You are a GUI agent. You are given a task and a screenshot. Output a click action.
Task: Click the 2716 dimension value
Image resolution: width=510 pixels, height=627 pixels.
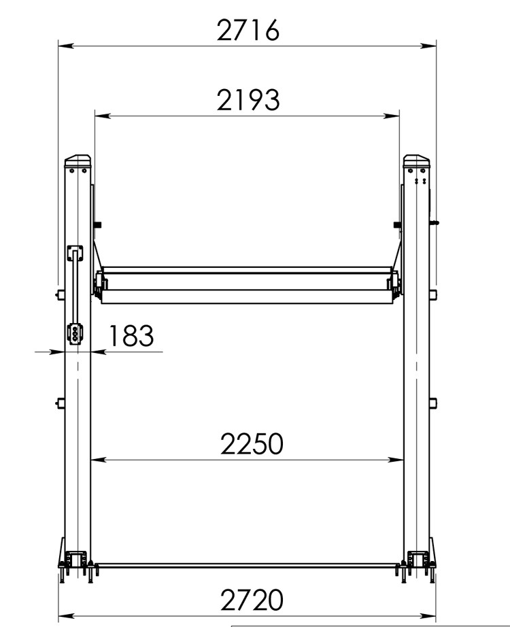click(x=248, y=30)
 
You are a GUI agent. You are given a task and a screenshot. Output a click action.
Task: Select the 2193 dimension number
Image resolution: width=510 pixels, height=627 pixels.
click(x=248, y=100)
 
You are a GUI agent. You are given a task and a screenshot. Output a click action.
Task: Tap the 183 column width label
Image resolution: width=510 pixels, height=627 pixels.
click(x=131, y=335)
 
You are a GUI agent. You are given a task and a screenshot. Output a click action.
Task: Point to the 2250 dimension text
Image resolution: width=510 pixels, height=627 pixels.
click(x=252, y=444)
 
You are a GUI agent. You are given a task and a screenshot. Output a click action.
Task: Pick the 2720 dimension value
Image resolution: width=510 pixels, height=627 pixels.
click(x=252, y=600)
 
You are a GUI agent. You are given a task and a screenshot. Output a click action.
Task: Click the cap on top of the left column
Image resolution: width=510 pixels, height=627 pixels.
click(x=78, y=161)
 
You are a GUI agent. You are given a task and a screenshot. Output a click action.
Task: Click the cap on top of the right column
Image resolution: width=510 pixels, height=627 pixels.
click(x=416, y=161)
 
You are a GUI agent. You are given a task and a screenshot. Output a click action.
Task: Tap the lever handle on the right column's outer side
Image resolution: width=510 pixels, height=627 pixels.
click(x=435, y=223)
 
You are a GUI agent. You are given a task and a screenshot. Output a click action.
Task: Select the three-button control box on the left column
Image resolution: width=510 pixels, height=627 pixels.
click(x=75, y=333)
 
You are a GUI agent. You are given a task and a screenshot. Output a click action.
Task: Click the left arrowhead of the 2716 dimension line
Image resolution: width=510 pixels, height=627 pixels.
click(x=66, y=46)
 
